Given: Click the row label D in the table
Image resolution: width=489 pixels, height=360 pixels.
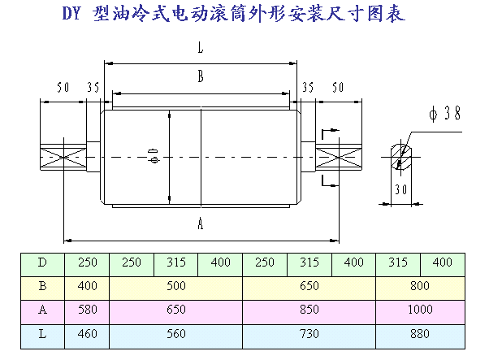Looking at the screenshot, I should tap(43, 262).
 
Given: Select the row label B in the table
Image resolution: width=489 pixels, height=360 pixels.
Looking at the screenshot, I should tap(43, 286).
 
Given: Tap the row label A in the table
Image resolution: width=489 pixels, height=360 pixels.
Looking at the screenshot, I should tap(43, 310).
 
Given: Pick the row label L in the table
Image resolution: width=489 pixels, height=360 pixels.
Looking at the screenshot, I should tap(43, 333).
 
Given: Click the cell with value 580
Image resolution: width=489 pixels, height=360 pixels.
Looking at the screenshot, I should tap(87, 310).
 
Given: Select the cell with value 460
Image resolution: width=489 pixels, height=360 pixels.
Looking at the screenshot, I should tap(87, 333).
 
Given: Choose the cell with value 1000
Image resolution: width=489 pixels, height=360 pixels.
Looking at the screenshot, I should tap(420, 310).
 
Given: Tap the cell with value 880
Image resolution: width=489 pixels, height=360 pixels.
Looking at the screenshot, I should tap(420, 333).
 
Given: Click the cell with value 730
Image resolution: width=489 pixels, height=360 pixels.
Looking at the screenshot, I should tap(309, 333).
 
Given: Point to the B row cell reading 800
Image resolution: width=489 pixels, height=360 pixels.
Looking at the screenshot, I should tap(420, 286).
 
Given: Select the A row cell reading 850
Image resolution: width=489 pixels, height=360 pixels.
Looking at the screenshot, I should tap(309, 310).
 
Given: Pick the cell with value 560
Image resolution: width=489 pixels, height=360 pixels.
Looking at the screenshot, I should tap(175, 333).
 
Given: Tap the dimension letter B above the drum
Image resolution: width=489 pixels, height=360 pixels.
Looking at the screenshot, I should tap(200, 77).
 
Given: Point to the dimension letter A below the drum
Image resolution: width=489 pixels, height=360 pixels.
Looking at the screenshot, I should tap(200, 227).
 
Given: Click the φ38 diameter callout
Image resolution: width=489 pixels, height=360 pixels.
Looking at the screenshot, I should tap(446, 115).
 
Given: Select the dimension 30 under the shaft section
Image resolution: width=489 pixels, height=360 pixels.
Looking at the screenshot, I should tap(399, 189).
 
